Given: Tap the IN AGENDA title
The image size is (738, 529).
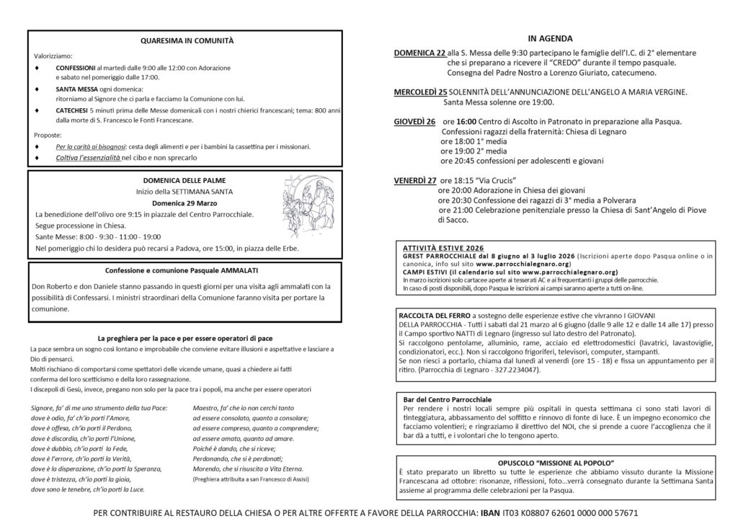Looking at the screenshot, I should (550, 38).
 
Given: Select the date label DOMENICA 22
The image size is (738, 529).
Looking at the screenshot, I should (419, 53).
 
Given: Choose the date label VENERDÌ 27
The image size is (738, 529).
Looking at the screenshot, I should (415, 179).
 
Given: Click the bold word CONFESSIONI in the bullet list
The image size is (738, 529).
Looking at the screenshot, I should (76, 67).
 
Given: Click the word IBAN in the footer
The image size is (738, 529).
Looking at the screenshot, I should (490, 515).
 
